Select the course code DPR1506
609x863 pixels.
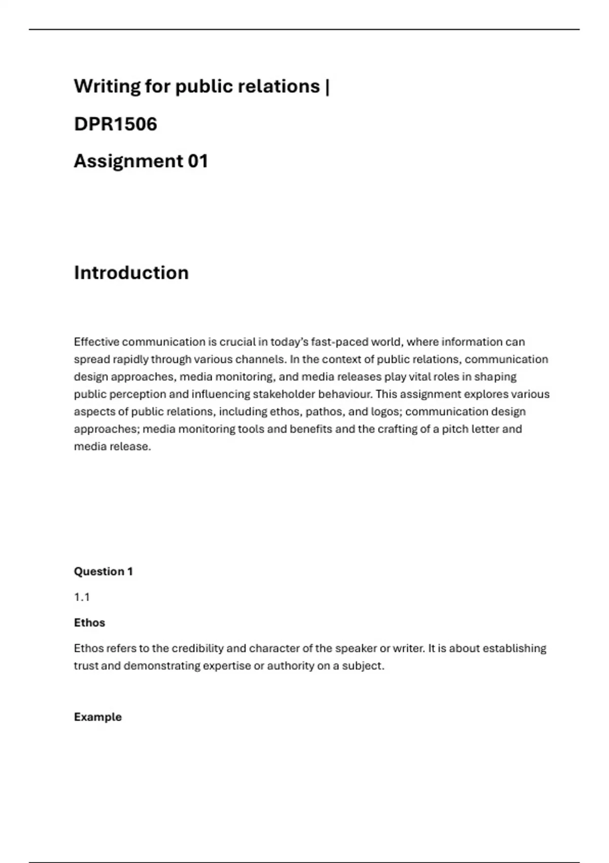coord(116,124)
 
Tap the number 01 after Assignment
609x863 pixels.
coord(198,161)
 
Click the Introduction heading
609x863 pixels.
coord(131,273)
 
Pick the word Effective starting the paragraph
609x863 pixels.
coord(96,342)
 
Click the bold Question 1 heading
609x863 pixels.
coord(104,572)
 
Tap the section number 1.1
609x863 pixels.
coord(82,597)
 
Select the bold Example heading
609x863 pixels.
coord(98,717)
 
